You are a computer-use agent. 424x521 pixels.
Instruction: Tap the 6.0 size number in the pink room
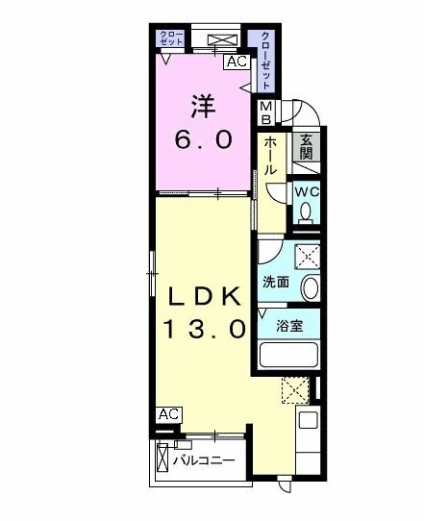(x=203, y=139)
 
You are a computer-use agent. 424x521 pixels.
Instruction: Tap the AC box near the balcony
(x=169, y=413)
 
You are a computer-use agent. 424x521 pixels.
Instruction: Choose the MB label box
(x=265, y=112)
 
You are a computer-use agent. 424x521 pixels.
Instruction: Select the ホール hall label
(x=271, y=155)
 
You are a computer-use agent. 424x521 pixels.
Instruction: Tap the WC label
(x=306, y=191)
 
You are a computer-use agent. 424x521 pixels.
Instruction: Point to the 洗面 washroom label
(x=276, y=282)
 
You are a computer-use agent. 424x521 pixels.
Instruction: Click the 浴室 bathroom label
(x=288, y=325)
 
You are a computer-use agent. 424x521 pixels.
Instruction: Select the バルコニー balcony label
(x=204, y=460)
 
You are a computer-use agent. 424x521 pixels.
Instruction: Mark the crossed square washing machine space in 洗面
(x=307, y=257)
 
